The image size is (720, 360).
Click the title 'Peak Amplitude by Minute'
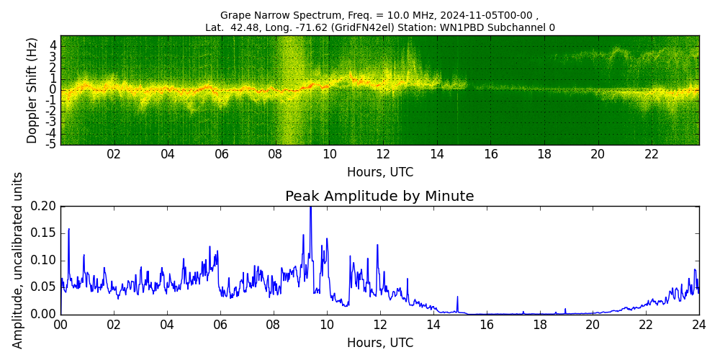(x=379, y=197)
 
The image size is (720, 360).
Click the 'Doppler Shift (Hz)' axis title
(x=32, y=91)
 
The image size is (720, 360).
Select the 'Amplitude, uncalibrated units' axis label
(x=18, y=260)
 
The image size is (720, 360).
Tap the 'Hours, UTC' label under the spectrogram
(x=379, y=172)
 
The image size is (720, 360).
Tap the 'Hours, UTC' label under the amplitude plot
(x=379, y=343)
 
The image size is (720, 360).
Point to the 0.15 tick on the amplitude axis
(x=43, y=233)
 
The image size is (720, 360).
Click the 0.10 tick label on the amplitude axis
(x=43, y=260)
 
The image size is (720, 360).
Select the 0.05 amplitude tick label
(x=43, y=287)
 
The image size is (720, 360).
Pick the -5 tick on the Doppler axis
(x=52, y=145)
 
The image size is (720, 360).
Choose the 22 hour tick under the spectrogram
(x=651, y=154)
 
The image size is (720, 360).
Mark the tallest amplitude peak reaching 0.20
(x=310, y=208)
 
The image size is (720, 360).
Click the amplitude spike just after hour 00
(x=68, y=230)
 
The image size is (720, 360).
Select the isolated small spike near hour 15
(x=456, y=297)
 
